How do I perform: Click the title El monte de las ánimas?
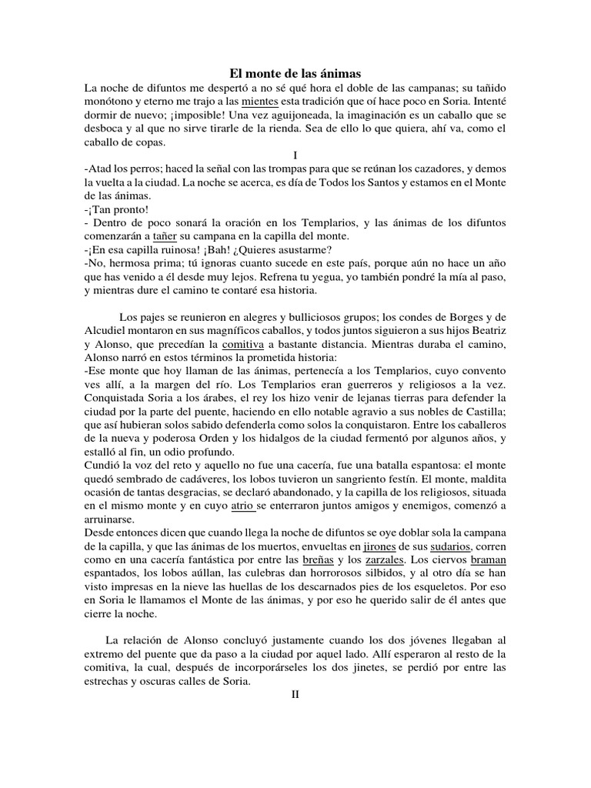(x=295, y=72)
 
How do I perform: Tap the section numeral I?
(x=295, y=155)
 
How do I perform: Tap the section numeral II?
(x=295, y=693)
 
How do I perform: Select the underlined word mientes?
(x=260, y=101)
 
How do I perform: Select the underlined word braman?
(x=489, y=559)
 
